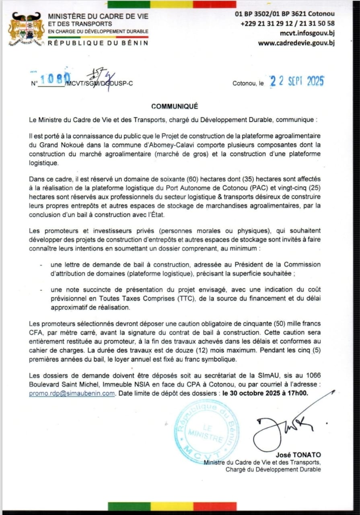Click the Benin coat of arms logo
tap(27, 29)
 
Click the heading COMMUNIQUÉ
tap(175, 106)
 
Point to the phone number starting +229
tap(288, 23)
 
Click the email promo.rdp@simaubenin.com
tap(72, 393)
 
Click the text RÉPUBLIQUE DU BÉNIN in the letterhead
tap(98, 43)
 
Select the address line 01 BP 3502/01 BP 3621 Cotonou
tap(285, 14)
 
